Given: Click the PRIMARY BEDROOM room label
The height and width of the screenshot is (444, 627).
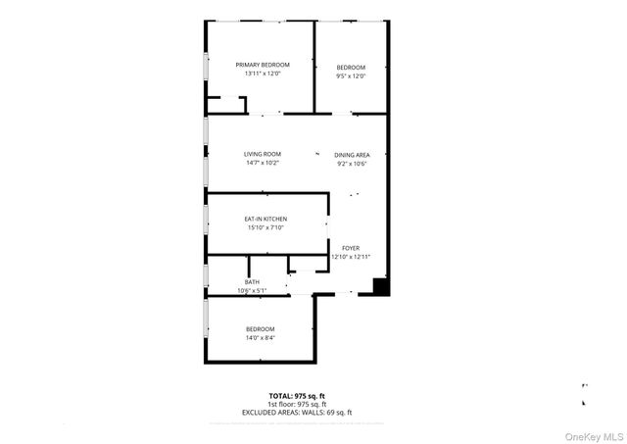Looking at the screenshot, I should [263, 65].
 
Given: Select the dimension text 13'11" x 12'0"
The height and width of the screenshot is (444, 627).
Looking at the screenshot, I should [263, 75].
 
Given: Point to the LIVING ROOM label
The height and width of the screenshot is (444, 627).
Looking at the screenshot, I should [263, 154].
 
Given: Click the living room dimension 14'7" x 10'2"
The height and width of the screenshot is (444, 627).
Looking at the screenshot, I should [263, 164].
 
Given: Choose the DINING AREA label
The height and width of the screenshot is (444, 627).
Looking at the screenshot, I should [352, 154].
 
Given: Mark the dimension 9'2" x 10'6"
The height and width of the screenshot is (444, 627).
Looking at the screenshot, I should [352, 164].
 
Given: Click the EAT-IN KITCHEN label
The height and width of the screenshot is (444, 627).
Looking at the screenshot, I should [265, 219].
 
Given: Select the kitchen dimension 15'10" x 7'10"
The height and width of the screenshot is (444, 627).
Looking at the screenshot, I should [265, 228].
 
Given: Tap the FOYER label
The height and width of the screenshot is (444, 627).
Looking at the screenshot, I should [351, 248].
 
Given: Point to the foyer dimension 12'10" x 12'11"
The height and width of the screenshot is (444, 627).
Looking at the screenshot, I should [351, 258].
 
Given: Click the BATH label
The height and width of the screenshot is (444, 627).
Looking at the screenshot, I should [252, 282].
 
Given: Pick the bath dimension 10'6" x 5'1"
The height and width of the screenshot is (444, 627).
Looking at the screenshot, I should [252, 291].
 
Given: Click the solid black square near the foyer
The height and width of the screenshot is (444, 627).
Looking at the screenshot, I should [382, 287].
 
